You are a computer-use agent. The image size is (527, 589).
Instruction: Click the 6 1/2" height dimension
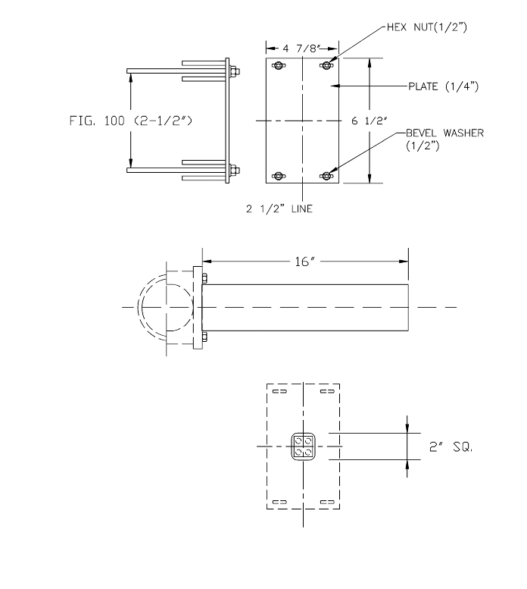396,120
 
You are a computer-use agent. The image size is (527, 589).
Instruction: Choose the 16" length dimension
304,262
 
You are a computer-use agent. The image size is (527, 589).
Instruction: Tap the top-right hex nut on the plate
327,67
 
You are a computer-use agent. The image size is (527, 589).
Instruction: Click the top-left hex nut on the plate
278,67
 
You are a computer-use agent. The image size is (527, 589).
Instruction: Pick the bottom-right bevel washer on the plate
327,176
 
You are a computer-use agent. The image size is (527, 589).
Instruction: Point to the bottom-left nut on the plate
278,176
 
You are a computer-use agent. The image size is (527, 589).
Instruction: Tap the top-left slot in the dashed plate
278,392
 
